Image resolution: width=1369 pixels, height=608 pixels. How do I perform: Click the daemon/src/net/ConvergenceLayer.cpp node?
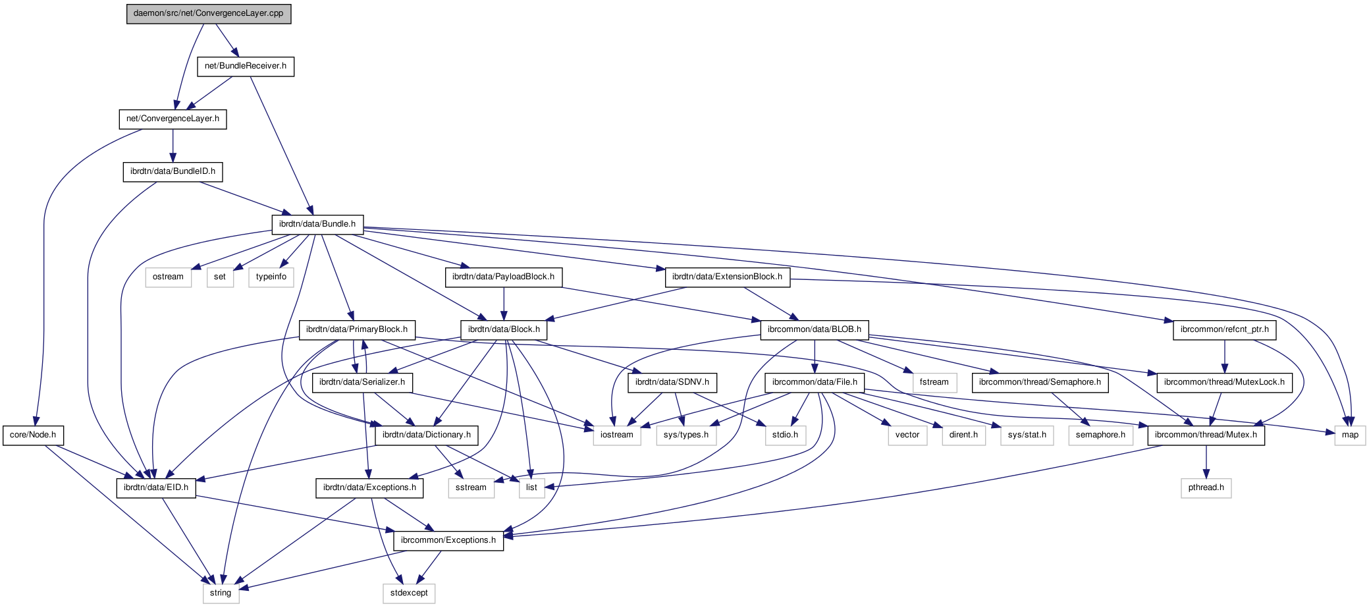tap(209, 14)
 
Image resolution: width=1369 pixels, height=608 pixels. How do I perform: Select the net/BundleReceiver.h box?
tap(246, 67)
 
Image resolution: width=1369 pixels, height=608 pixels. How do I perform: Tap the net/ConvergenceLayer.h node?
tap(173, 119)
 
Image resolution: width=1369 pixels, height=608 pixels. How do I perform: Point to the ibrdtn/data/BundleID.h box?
tap(173, 172)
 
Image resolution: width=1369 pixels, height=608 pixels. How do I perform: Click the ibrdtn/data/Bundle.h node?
tap(317, 225)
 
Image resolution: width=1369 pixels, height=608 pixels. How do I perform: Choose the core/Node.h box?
tap(33, 435)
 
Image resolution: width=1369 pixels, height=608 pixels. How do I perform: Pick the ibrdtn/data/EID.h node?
tap(156, 488)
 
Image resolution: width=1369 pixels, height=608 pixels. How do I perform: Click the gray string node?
tap(221, 594)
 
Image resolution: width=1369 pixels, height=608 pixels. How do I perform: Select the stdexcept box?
tap(409, 594)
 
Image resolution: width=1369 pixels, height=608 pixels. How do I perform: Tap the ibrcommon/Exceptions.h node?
tap(448, 541)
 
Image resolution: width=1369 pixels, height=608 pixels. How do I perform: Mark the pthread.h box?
tap(1206, 488)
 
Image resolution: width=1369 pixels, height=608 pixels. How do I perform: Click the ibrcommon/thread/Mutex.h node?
tap(1206, 435)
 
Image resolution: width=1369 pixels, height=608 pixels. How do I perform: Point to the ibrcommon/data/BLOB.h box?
tap(815, 330)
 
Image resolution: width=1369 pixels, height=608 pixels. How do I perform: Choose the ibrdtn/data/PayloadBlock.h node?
tap(504, 277)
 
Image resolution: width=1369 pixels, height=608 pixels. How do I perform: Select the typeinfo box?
tap(271, 277)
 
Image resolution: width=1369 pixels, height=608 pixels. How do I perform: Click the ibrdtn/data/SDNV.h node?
tap(672, 383)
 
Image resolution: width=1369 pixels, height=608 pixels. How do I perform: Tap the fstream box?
tap(934, 383)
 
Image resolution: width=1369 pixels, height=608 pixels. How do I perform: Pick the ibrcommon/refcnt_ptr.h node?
tap(1225, 330)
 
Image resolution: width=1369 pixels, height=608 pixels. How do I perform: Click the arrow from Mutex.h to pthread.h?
tap(1206, 461)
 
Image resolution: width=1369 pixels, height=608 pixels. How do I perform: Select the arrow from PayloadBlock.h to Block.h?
tap(504, 303)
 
